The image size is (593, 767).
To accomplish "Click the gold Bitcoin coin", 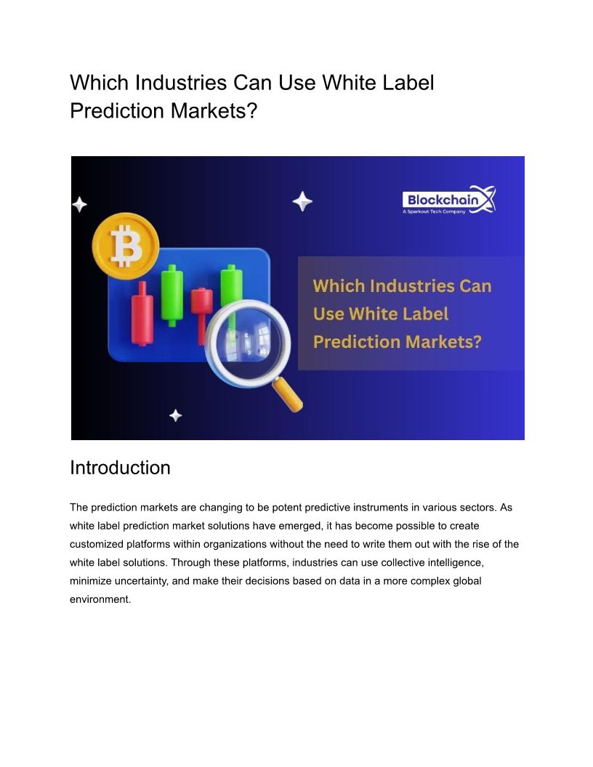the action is [x=126, y=245].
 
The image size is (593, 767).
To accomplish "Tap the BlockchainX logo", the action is [x=449, y=200].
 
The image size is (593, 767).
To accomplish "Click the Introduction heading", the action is [x=120, y=468].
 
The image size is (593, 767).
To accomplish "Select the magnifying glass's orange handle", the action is [x=287, y=394].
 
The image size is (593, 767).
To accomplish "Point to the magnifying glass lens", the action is [x=248, y=343].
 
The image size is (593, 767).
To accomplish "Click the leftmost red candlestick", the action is [x=142, y=314].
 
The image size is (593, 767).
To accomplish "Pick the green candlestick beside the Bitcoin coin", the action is [x=172, y=296].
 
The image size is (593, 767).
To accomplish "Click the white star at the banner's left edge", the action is [x=79, y=204].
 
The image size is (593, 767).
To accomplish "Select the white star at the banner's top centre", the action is [x=302, y=201].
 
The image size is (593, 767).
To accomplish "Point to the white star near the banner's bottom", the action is [x=176, y=415].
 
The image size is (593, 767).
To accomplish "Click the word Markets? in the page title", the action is [x=214, y=110].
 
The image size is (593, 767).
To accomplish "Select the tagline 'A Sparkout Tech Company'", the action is [x=434, y=212].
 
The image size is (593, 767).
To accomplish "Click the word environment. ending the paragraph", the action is [x=100, y=599].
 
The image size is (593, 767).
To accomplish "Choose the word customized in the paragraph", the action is [x=97, y=544].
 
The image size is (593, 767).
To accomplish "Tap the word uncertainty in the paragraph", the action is [x=141, y=581].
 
